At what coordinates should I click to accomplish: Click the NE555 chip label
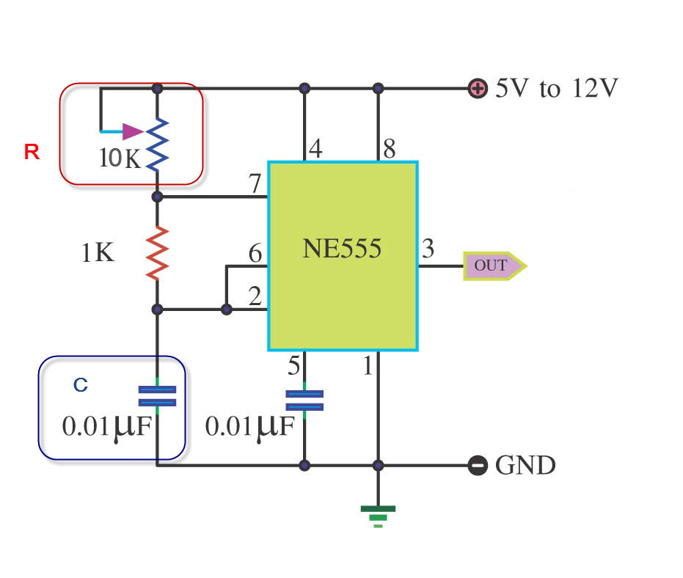tap(342, 248)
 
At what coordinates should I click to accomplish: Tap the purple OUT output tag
tap(494, 266)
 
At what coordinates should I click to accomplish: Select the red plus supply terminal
tap(478, 89)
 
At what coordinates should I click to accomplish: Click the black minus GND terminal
tap(478, 465)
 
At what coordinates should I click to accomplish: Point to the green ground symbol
tap(378, 516)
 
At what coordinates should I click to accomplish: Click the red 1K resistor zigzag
tap(157, 253)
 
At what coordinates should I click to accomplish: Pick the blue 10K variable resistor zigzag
tap(157, 144)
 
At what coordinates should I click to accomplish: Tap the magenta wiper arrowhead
tap(133, 131)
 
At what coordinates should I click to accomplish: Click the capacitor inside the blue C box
tap(157, 396)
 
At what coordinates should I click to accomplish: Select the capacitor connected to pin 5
tap(304, 400)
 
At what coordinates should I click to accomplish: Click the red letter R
tap(32, 152)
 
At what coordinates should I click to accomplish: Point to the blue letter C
tap(81, 384)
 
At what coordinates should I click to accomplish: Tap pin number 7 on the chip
tap(255, 183)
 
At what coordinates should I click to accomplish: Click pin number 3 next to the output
tap(428, 248)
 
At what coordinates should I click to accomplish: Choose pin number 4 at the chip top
tap(315, 148)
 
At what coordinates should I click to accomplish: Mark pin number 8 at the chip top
tap(390, 148)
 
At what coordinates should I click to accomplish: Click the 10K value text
tap(120, 158)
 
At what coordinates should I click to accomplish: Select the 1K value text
tap(98, 252)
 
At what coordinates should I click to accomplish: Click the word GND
tap(525, 465)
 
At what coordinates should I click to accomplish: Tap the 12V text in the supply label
tap(595, 89)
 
